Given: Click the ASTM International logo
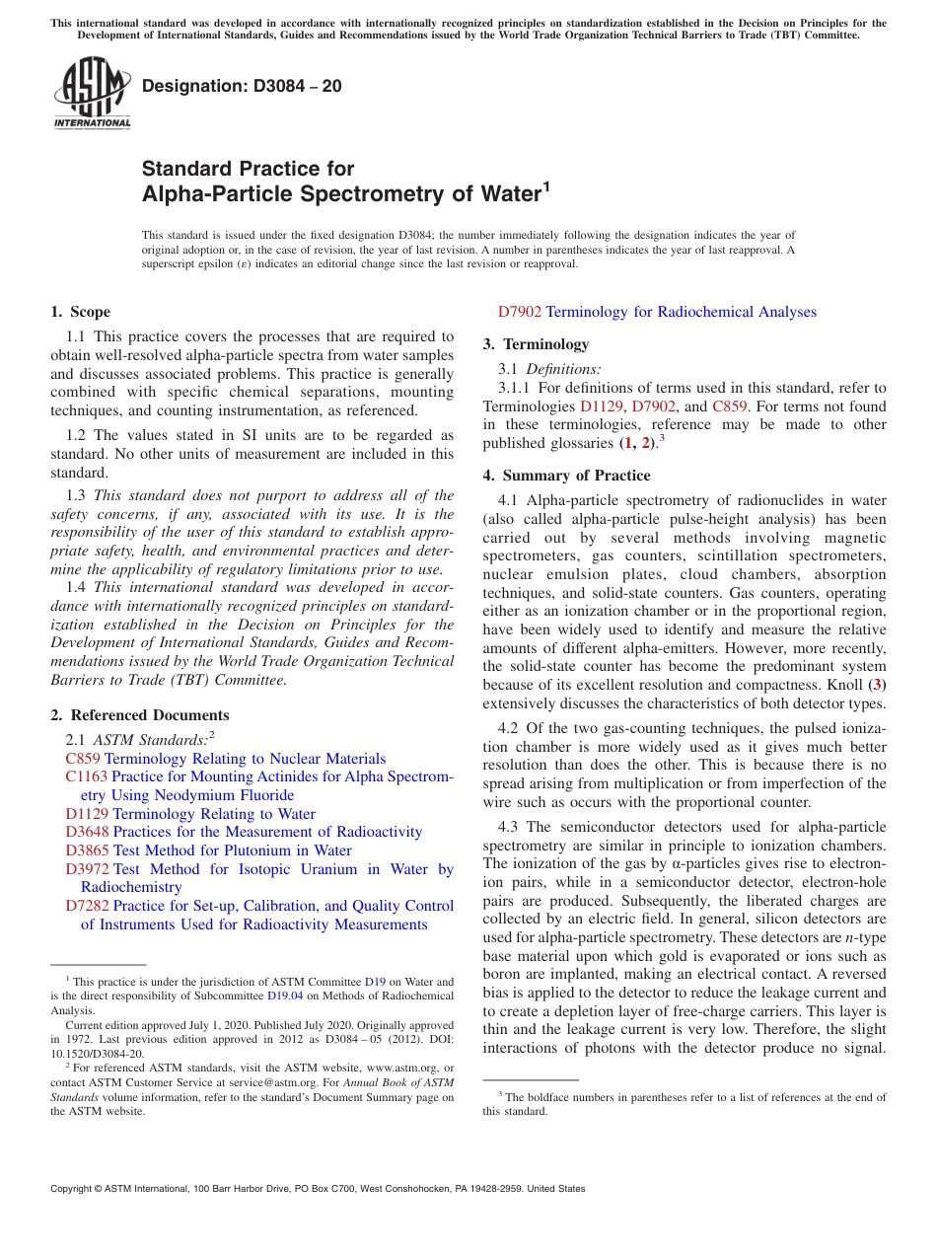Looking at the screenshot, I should (x=92, y=95).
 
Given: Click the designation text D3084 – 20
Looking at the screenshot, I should (x=243, y=86).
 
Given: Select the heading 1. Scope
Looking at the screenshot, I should (x=81, y=312).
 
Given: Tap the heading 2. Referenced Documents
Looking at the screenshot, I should (x=140, y=715).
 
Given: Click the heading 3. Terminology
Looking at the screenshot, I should (x=536, y=344).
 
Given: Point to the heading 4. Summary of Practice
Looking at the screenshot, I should (x=566, y=476).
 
